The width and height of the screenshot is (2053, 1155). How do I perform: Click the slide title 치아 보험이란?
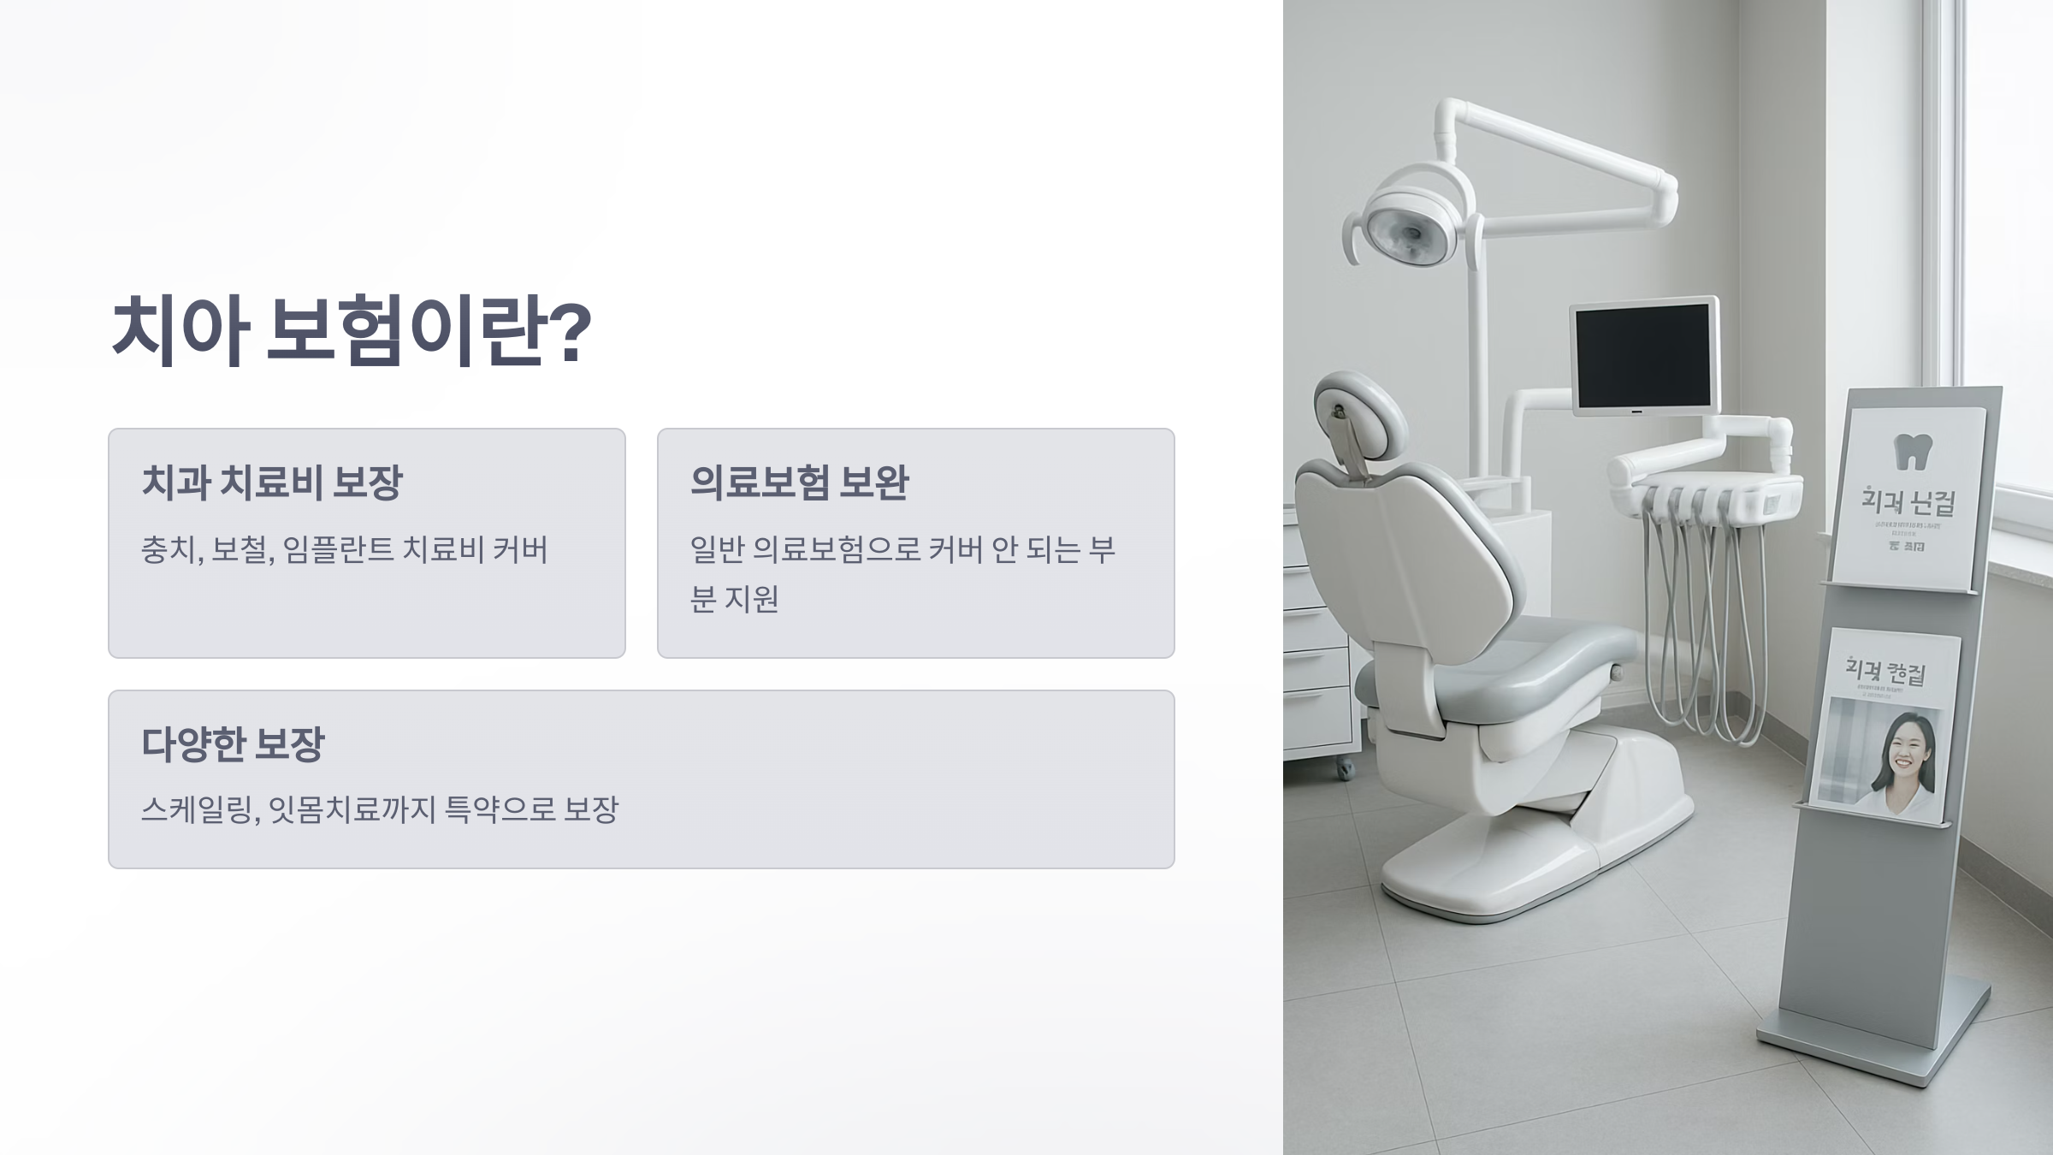351,331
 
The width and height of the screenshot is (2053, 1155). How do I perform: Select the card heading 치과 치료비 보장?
271,482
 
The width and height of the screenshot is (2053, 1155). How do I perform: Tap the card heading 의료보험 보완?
799,482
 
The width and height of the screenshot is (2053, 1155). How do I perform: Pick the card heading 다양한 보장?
233,743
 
